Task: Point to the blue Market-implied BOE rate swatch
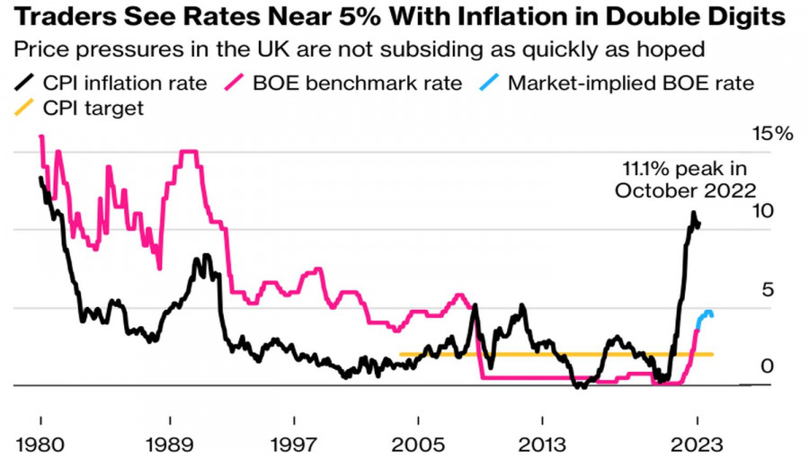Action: click(x=490, y=84)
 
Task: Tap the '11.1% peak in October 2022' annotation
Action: click(x=685, y=179)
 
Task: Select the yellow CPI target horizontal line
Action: click(x=557, y=354)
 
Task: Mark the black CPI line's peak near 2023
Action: click(x=693, y=213)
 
